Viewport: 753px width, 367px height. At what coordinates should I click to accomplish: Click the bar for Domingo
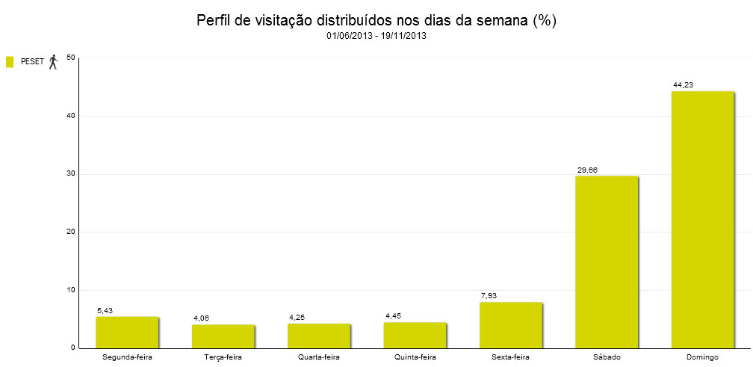click(x=703, y=220)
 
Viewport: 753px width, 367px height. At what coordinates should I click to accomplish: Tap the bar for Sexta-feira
click(x=511, y=325)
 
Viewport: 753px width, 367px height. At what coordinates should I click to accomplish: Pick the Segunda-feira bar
click(x=127, y=332)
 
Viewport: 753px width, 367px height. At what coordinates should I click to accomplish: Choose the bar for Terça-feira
click(x=223, y=336)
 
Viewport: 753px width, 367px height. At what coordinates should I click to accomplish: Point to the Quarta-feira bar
click(x=319, y=336)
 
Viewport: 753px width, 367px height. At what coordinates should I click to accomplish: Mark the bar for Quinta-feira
click(x=415, y=335)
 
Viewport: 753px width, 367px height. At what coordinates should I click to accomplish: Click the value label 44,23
click(x=683, y=85)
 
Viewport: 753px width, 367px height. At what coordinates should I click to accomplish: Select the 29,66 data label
click(x=587, y=170)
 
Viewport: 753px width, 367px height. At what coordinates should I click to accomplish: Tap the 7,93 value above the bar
click(x=489, y=296)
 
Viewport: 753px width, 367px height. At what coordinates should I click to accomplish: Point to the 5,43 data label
click(x=105, y=310)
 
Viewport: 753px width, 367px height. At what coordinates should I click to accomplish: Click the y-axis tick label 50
click(x=71, y=58)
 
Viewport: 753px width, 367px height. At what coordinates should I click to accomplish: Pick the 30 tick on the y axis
click(x=71, y=174)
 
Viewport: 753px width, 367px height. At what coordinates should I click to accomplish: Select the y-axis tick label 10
click(x=71, y=290)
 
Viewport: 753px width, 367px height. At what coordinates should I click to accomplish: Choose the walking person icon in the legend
click(x=53, y=62)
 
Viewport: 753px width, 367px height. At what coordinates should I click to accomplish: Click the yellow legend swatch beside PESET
click(x=10, y=62)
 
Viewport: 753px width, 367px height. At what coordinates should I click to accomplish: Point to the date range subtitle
click(x=376, y=36)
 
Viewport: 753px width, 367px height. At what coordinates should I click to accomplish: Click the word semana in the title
click(x=498, y=20)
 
